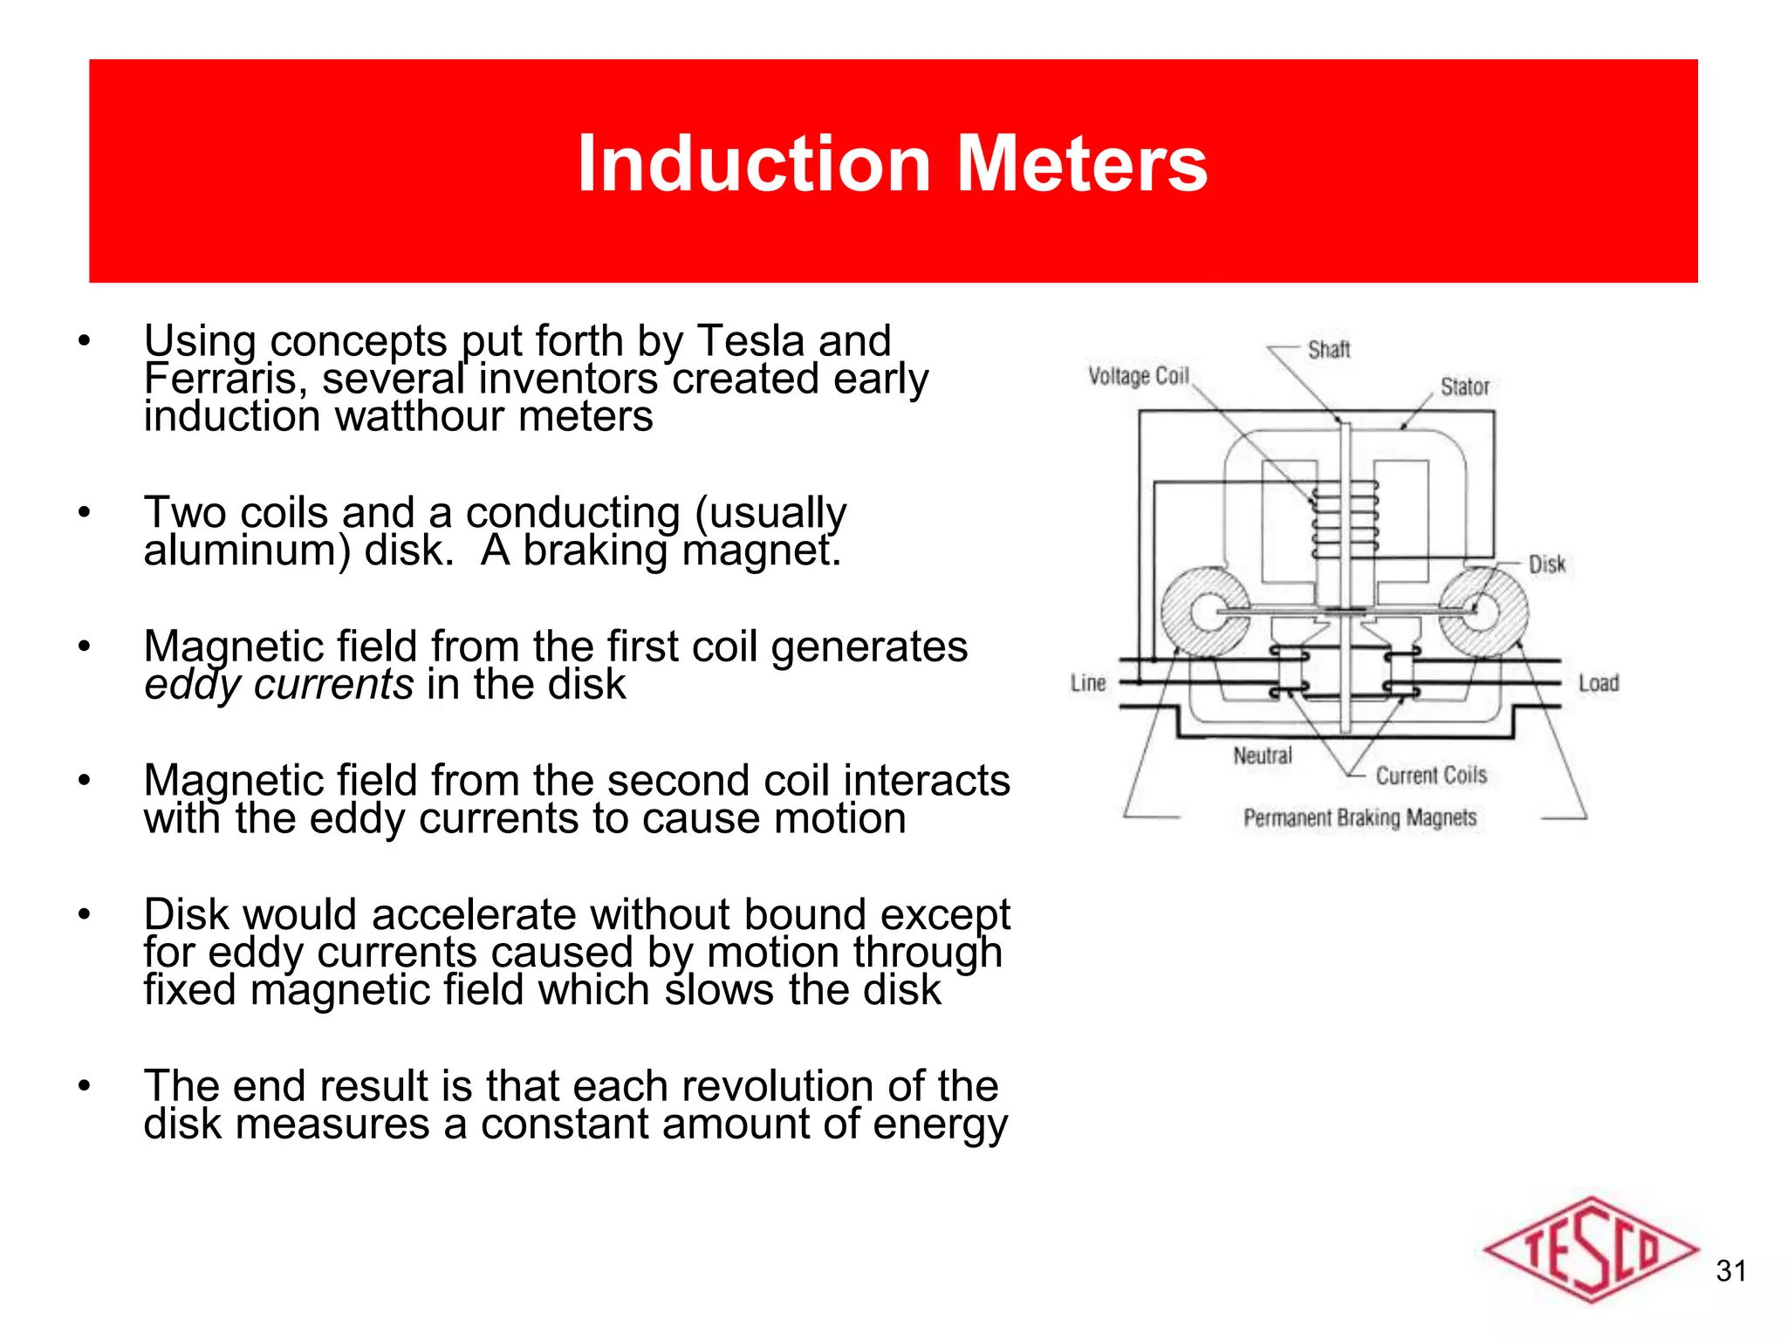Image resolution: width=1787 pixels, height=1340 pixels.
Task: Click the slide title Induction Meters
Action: (x=892, y=164)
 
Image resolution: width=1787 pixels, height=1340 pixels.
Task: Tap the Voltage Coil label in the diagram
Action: (x=1138, y=376)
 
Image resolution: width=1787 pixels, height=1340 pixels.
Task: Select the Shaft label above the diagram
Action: (x=1328, y=350)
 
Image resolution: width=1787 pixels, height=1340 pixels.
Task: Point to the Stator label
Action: (x=1464, y=386)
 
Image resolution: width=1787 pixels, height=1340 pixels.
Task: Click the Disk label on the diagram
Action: (x=1546, y=564)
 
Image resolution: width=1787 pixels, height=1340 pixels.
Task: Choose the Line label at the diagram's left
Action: (x=1088, y=683)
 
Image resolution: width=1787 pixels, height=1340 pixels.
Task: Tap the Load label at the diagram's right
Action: (x=1598, y=683)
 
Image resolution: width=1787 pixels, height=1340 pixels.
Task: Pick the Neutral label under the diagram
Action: (x=1262, y=755)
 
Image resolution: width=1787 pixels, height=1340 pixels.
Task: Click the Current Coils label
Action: (x=1430, y=776)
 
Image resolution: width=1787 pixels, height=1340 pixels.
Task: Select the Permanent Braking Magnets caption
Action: (x=1359, y=818)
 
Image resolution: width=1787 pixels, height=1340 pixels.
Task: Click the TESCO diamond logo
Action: (x=1590, y=1249)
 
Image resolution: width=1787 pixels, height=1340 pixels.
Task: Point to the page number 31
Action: (x=1730, y=1271)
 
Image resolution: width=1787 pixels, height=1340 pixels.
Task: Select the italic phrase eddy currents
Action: (x=278, y=685)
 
